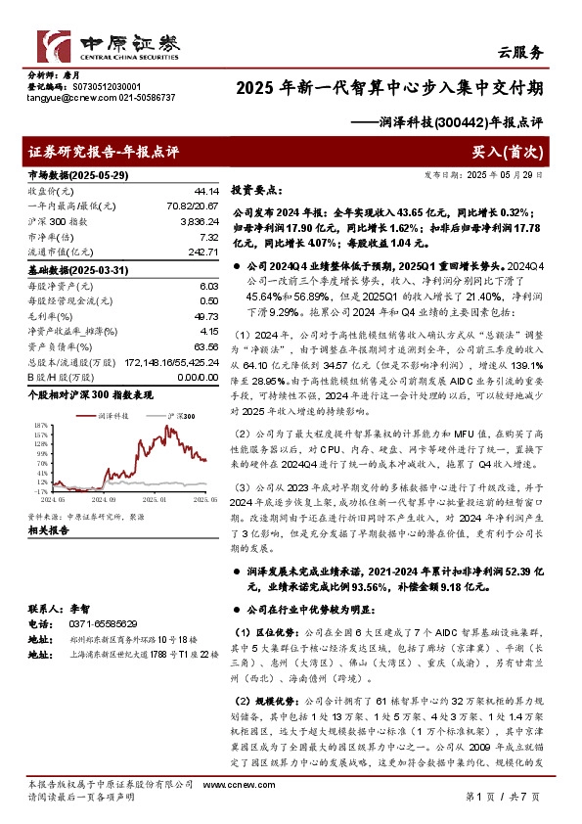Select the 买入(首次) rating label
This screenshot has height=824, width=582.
click(508, 152)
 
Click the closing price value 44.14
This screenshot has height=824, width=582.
click(206, 190)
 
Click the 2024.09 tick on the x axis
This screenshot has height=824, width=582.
click(103, 498)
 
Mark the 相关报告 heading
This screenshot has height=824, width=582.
click(48, 529)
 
